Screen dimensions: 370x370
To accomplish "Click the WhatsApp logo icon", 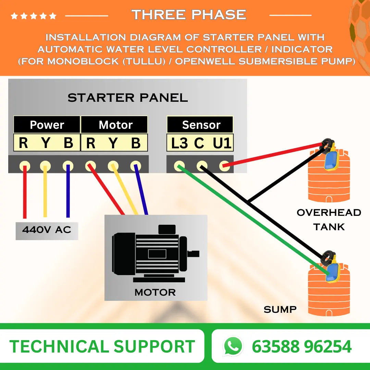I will click(233, 346).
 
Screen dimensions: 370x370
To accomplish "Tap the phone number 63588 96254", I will click(301, 346).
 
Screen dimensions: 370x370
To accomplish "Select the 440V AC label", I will click(47, 230).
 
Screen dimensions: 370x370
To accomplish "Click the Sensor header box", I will click(200, 125).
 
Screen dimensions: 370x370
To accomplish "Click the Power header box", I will click(47, 125).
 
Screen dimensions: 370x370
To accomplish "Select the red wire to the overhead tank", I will click(274, 155).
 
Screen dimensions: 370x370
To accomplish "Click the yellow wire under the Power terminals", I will click(45, 192).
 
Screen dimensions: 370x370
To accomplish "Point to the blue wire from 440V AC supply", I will click(68, 192).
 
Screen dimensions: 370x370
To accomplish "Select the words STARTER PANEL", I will click(127, 98).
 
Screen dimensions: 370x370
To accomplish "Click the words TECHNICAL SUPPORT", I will click(102, 346).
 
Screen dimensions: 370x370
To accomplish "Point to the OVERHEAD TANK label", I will click(329, 219).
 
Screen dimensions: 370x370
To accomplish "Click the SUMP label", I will click(280, 310).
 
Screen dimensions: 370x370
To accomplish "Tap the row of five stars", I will click(33, 16).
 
